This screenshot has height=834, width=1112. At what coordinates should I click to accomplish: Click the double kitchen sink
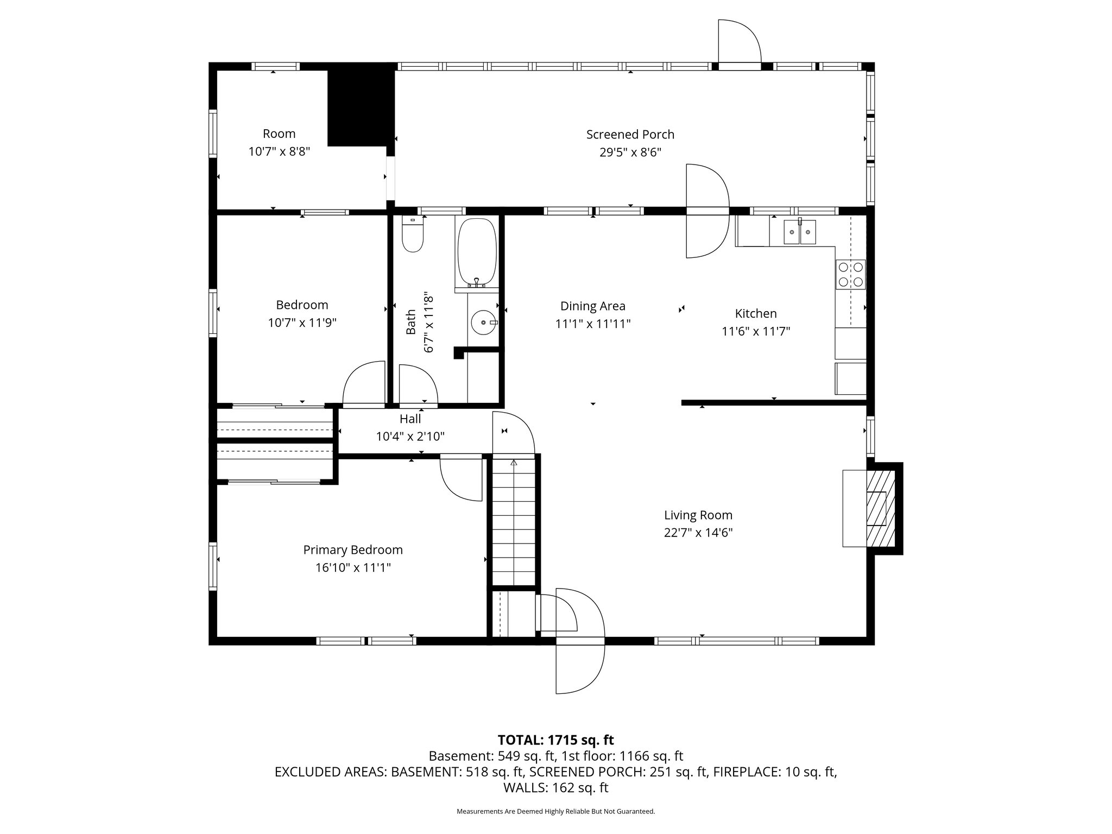800,232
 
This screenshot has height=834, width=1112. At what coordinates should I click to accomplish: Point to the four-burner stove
850,274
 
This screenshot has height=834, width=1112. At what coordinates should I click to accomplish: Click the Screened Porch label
630,134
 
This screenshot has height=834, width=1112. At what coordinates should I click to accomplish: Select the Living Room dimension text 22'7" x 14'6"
698,533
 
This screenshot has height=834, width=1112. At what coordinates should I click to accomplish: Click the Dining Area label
593,306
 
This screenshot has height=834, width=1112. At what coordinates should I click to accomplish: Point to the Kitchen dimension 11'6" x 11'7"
756,331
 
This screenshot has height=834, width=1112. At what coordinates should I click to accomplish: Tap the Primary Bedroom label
353,550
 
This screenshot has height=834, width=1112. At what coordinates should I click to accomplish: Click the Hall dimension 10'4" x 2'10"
410,436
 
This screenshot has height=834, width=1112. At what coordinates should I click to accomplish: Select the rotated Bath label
411,322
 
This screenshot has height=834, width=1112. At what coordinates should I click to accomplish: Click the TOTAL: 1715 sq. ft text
556,740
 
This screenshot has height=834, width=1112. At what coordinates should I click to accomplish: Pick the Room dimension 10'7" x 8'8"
279,151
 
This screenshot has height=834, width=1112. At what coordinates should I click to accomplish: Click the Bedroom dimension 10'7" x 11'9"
302,323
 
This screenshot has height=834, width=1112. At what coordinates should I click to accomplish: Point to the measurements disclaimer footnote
556,811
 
